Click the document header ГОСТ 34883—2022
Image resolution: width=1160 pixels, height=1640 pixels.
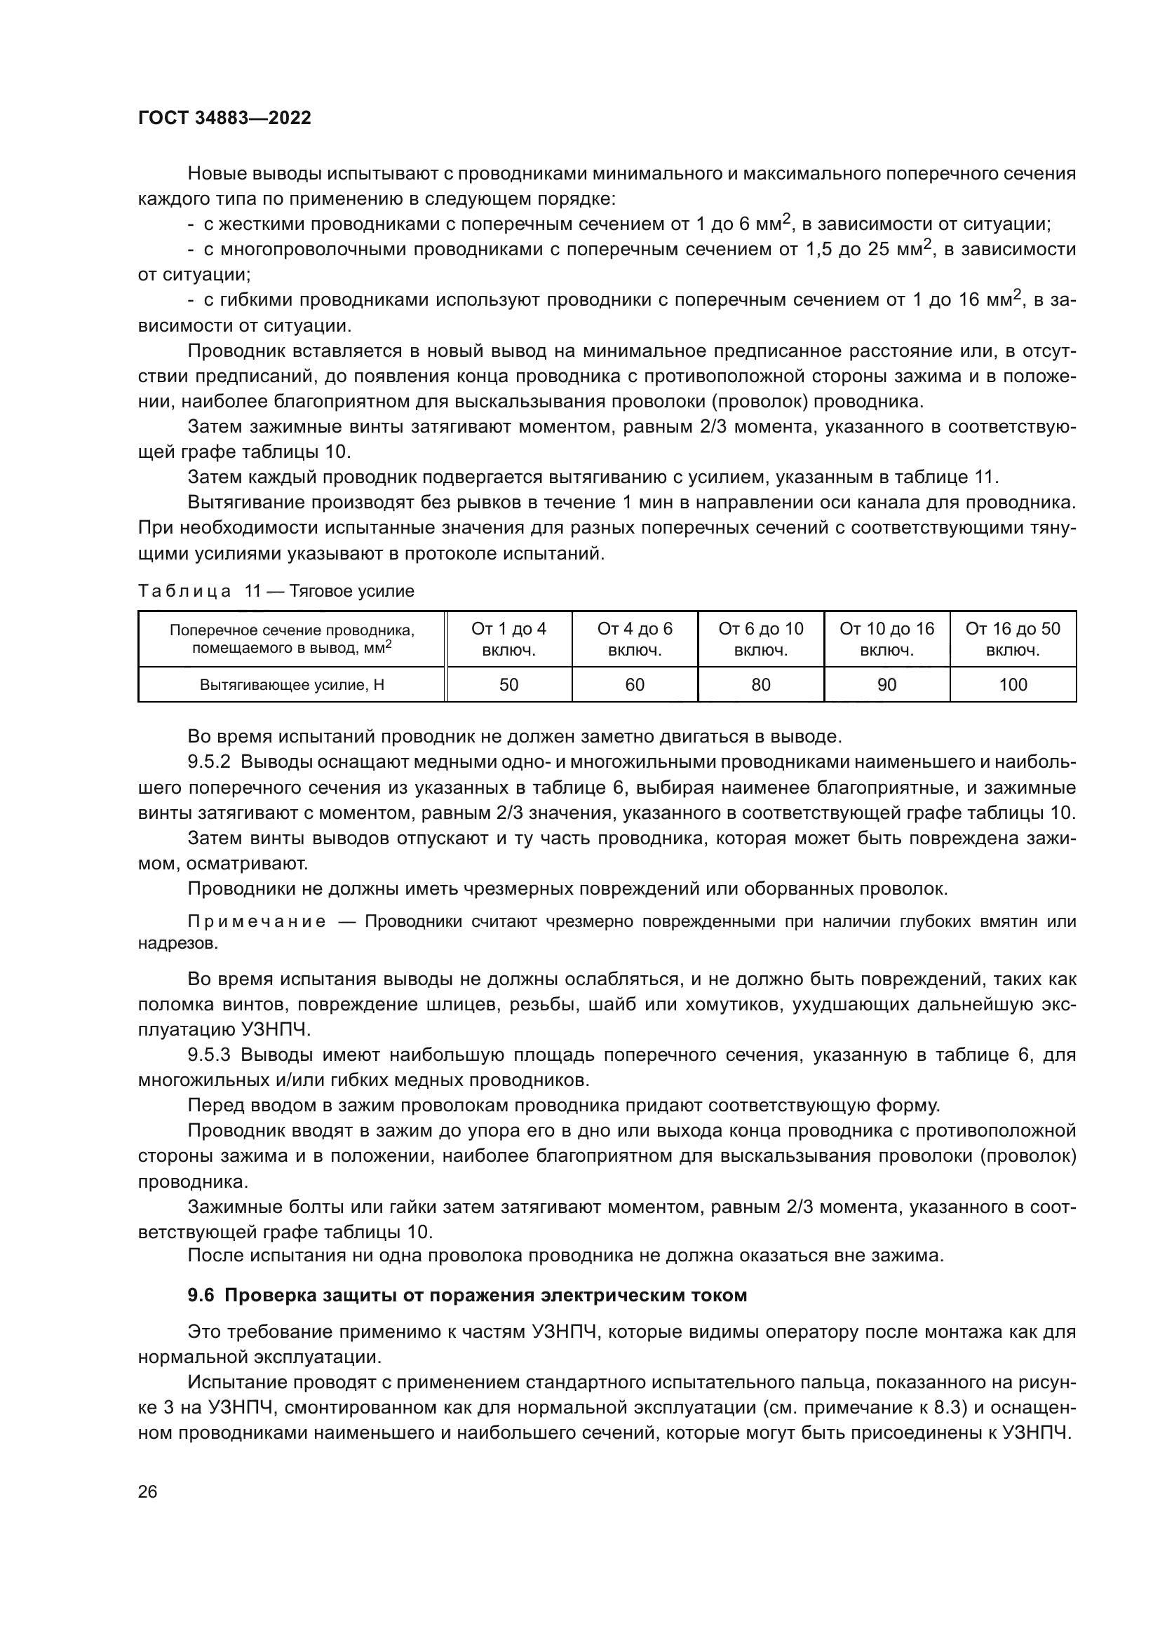pyautogui.click(x=224, y=118)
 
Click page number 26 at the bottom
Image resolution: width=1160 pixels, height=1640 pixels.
pyautogui.click(x=147, y=1491)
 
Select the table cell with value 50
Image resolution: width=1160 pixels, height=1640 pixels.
pyautogui.click(x=508, y=684)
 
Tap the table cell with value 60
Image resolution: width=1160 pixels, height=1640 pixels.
pyautogui.click(x=634, y=684)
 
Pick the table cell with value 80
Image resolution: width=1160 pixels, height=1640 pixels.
pyautogui.click(x=761, y=684)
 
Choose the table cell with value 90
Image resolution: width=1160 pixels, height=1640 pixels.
pyautogui.click(x=886, y=684)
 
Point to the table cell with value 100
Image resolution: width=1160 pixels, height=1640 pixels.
pyautogui.click(x=1013, y=684)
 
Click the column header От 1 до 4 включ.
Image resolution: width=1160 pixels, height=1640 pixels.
pyautogui.click(x=508, y=639)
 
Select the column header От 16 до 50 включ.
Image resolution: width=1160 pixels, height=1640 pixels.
pyautogui.click(x=1013, y=639)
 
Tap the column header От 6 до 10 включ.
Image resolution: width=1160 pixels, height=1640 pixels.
pyautogui.click(x=761, y=639)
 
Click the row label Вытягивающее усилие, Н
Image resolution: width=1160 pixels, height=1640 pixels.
pyautogui.click(x=292, y=685)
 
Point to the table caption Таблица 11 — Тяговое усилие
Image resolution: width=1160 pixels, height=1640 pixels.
pyautogui.click(x=276, y=590)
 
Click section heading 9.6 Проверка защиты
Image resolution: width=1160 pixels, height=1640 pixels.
pyautogui.click(x=467, y=1295)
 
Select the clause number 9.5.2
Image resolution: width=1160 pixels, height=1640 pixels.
pyautogui.click(x=208, y=762)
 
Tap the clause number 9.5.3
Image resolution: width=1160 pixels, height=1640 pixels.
pyautogui.click(x=208, y=1055)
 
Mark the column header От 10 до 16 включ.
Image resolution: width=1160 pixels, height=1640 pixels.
pyautogui.click(x=886, y=639)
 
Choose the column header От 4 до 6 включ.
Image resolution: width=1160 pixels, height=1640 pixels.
pyautogui.click(x=634, y=639)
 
